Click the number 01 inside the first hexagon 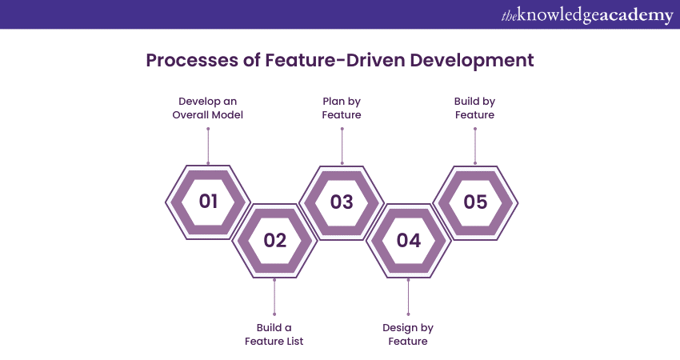pos(208,202)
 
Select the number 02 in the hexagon pos(274,240)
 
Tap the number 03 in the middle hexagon pos(342,202)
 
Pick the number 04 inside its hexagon pos(408,240)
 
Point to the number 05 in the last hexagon pos(475,202)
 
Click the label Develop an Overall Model pos(208,108)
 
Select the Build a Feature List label pos(274,334)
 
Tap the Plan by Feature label pos(342,108)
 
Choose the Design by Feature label pos(408,334)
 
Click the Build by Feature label pos(475,108)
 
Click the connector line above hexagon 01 pos(208,144)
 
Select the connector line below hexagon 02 pos(274,298)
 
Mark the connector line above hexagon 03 pos(342,144)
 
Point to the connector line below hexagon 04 pos(408,298)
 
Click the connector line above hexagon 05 pos(475,144)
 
